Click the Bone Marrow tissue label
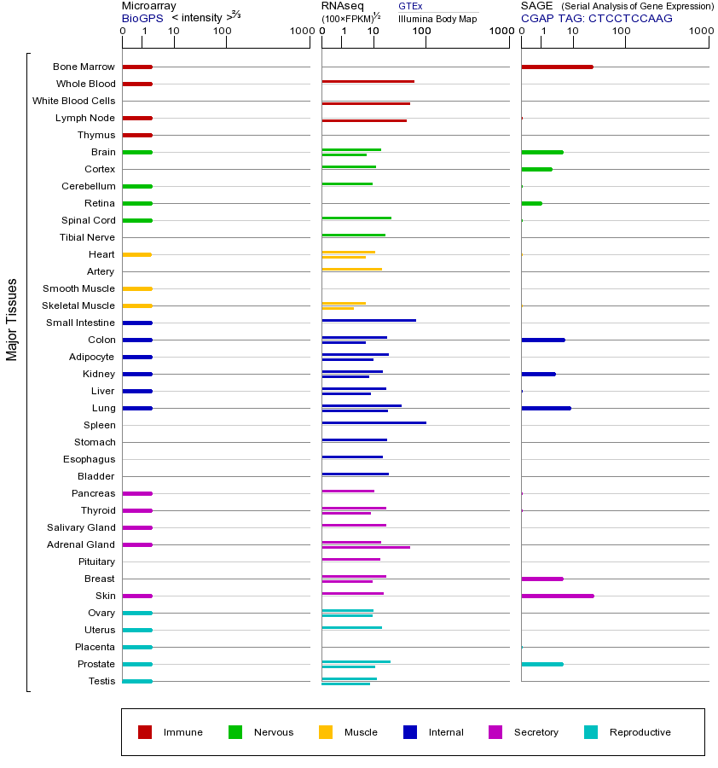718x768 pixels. coord(84,67)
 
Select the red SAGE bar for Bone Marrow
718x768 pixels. coord(557,67)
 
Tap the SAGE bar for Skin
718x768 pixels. coord(557,596)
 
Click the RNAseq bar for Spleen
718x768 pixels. coord(373,422)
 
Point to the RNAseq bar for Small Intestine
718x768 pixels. coord(368,320)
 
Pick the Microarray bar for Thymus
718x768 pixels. coord(137,135)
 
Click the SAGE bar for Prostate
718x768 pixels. coord(541,664)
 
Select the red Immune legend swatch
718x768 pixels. coord(145,732)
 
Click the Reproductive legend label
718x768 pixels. coord(640,732)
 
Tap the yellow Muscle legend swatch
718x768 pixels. coord(326,732)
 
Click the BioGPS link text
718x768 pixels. coord(141,18)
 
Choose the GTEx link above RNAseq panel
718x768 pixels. coord(410,6)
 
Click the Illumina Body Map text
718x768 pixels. coord(437,18)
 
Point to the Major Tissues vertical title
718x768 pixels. coord(12,319)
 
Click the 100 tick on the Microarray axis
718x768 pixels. coord(223,32)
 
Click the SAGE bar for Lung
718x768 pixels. coord(546,408)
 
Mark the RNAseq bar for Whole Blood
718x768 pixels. coord(368,81)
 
